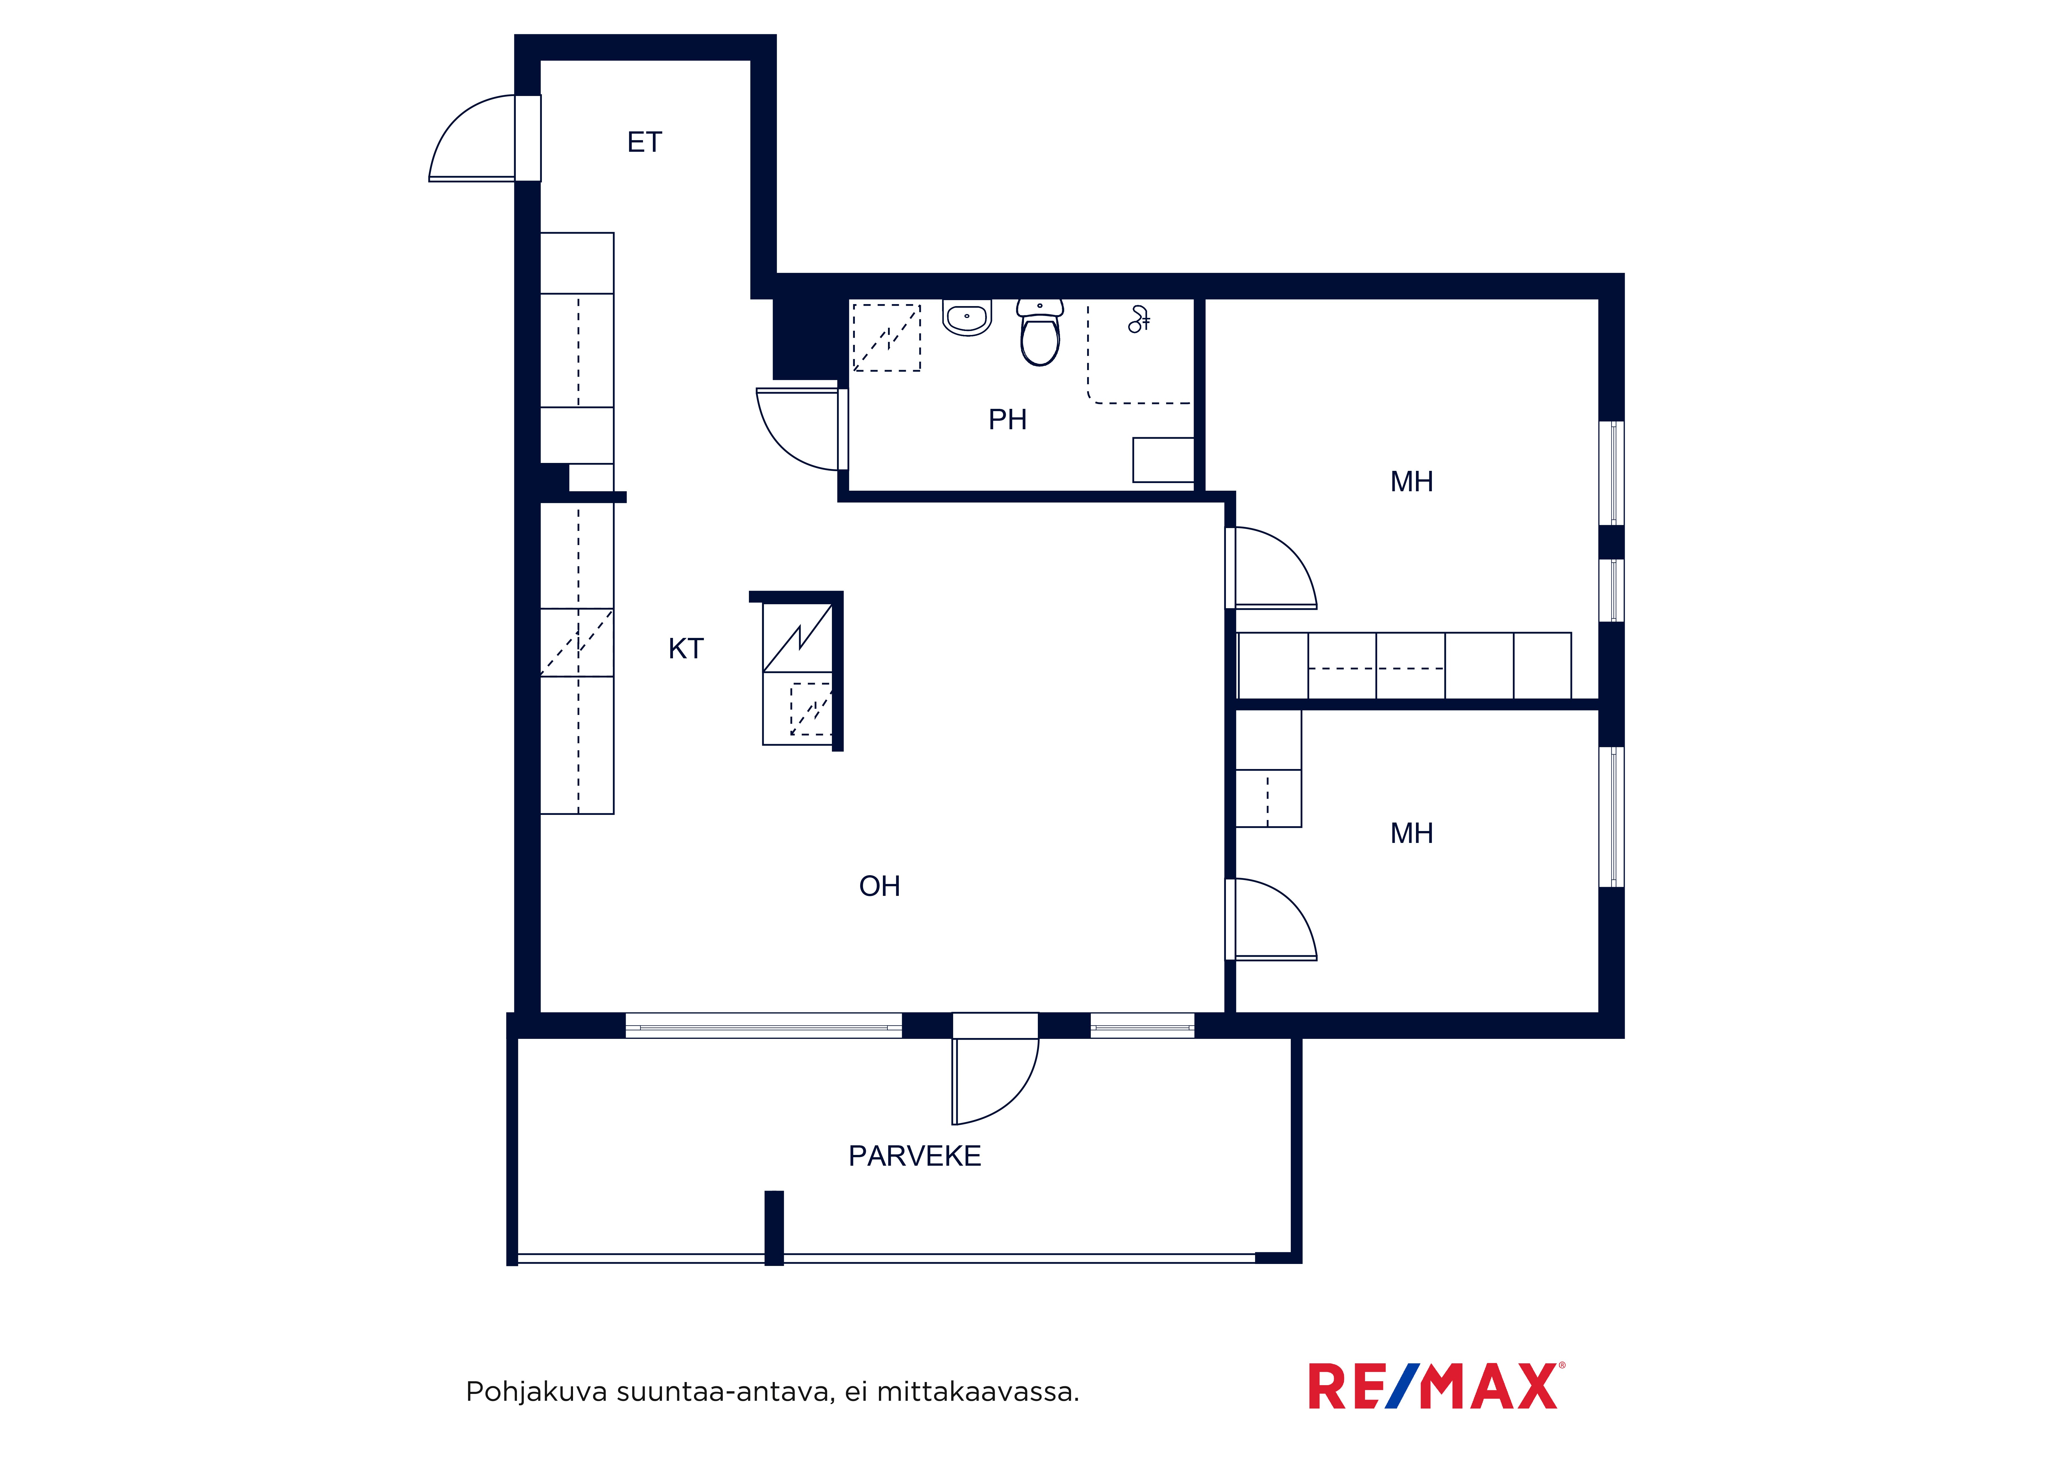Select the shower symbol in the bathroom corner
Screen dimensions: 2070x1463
(x=1139, y=319)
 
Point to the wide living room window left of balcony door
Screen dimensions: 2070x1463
(x=764, y=1026)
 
